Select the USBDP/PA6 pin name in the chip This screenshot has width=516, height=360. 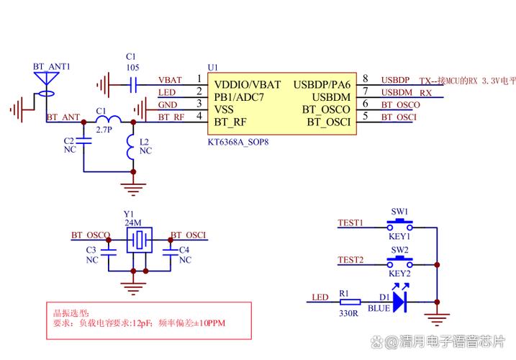tap(322, 84)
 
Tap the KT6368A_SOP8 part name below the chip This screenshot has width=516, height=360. tap(238, 143)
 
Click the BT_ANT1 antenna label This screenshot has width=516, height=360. tap(51, 66)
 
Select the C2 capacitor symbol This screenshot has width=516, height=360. tap(83, 144)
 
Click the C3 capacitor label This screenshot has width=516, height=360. tap(91, 250)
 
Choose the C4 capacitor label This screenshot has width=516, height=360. tap(184, 250)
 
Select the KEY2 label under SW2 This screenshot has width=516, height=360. tap(399, 274)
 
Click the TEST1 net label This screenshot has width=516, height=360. tap(350, 222)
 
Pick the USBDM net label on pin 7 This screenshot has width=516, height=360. tap(397, 92)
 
